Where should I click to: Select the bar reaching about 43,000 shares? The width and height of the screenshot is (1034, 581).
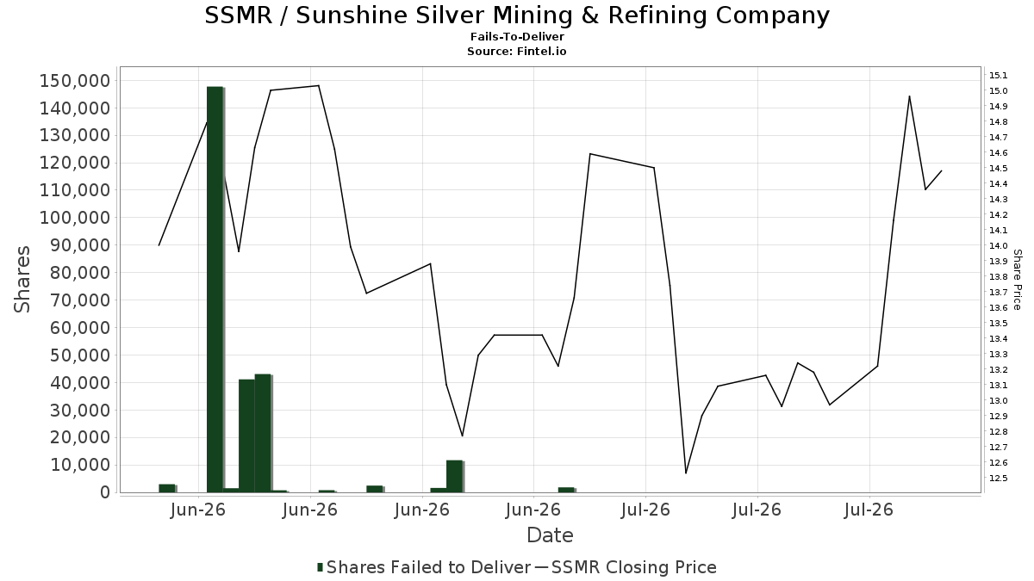click(263, 433)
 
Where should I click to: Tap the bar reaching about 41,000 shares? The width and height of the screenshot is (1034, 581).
click(247, 436)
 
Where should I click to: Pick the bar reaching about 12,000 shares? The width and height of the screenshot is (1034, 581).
click(454, 476)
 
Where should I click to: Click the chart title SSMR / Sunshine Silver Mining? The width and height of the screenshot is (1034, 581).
click(517, 15)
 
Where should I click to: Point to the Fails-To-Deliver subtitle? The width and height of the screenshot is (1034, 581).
click(517, 36)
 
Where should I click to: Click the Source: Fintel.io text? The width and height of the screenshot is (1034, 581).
click(516, 51)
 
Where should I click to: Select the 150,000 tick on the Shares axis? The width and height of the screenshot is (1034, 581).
click(75, 81)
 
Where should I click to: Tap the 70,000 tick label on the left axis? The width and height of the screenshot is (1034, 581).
click(80, 300)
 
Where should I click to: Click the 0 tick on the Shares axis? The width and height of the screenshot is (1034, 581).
click(106, 492)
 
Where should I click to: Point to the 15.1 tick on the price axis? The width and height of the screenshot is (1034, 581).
click(998, 75)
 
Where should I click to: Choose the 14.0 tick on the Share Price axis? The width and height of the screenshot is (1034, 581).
click(998, 246)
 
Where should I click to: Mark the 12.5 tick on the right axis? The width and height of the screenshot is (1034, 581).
click(998, 479)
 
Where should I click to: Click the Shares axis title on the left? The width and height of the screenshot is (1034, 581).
click(22, 280)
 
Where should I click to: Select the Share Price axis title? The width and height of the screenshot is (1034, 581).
click(1017, 280)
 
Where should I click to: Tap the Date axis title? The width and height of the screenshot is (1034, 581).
click(550, 535)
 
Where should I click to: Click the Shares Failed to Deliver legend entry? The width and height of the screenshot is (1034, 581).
click(424, 567)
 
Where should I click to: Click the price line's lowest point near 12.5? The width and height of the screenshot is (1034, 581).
click(686, 473)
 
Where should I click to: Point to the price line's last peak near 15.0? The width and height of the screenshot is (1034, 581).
click(909, 96)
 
